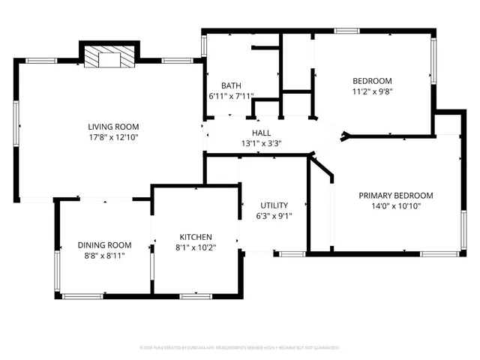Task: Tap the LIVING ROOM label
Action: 113,127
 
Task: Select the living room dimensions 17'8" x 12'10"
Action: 113,137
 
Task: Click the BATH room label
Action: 230,85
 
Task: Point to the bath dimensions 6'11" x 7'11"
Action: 231,96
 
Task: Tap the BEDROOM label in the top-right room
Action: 373,81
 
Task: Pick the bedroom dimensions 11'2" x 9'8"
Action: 373,91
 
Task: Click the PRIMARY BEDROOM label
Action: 395,196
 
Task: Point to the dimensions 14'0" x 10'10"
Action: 395,206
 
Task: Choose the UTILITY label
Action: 274,205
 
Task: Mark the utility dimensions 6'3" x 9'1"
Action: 274,216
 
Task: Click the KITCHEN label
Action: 195,236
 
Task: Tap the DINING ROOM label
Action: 104,245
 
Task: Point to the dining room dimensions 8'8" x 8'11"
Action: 104,256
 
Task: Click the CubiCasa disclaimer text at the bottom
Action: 240,348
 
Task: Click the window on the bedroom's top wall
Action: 346,31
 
